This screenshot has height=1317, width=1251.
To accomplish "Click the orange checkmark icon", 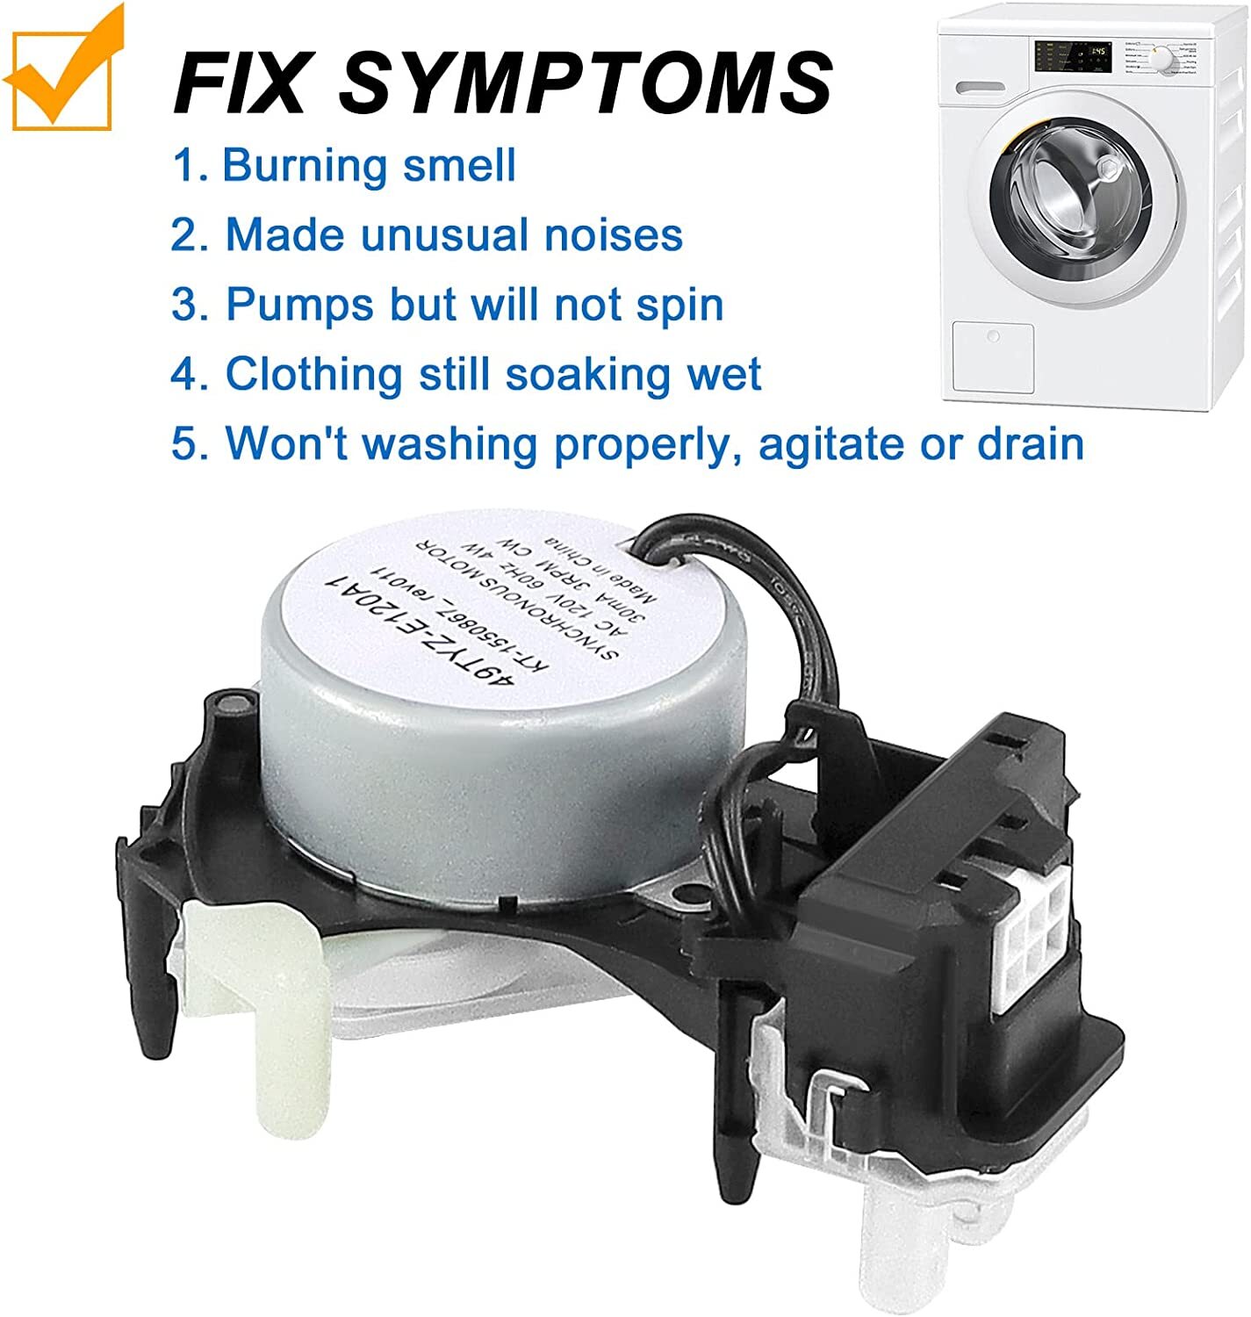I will [61, 68].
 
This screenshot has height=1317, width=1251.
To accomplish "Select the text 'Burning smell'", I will [369, 165].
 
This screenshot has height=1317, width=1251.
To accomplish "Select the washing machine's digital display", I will [1097, 54].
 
